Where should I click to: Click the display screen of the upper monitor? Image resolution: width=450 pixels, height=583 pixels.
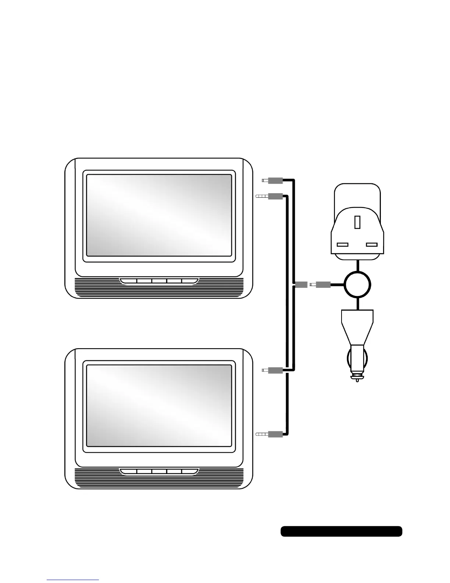pyautogui.click(x=159, y=215)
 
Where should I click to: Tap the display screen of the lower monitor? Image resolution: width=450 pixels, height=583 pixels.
pyautogui.click(x=159, y=406)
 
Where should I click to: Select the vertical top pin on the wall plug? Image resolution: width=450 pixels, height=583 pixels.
pyautogui.click(x=357, y=222)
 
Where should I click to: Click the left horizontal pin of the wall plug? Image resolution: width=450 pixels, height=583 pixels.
pyautogui.click(x=343, y=245)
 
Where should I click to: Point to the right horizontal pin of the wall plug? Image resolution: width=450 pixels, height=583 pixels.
pyautogui.click(x=372, y=245)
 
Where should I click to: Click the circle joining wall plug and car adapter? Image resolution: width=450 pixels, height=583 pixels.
pyautogui.click(x=357, y=285)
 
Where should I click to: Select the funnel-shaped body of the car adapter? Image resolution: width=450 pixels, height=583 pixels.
pyautogui.click(x=357, y=326)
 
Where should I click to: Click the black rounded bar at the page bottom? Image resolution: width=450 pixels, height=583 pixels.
pyautogui.click(x=341, y=531)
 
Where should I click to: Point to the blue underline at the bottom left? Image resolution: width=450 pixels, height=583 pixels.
pyautogui.click(x=73, y=580)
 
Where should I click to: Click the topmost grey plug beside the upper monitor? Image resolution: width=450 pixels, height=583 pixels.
pyautogui.click(x=275, y=180)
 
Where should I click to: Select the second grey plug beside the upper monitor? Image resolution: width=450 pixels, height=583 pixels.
pyautogui.click(x=275, y=196)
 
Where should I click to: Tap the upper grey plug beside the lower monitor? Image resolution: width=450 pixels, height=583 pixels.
pyautogui.click(x=275, y=370)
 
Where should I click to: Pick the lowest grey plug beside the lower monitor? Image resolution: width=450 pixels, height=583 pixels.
pyautogui.click(x=275, y=434)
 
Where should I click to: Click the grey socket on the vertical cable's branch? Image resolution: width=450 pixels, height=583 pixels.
pyautogui.click(x=301, y=285)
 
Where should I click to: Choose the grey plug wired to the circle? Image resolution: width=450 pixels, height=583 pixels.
pyautogui.click(x=323, y=285)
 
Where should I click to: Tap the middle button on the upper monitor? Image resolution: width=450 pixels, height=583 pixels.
pyautogui.click(x=159, y=282)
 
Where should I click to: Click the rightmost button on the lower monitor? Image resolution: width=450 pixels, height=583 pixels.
pyautogui.click(x=189, y=471)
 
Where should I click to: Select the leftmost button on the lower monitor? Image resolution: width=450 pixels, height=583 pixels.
pyautogui.click(x=129, y=471)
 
